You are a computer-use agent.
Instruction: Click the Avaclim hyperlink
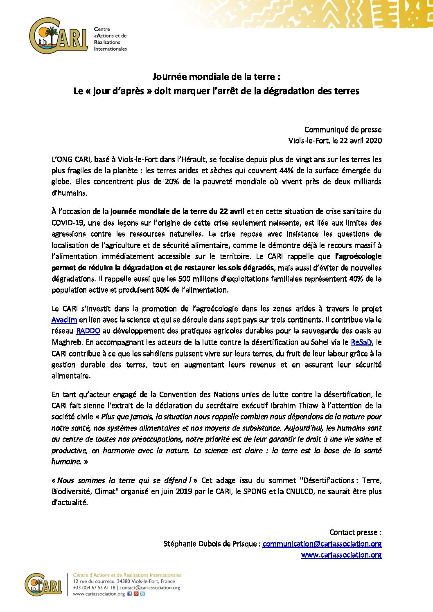[x=64, y=320]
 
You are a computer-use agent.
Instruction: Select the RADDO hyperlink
[x=88, y=331]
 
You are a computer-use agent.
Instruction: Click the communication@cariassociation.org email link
[x=322, y=544]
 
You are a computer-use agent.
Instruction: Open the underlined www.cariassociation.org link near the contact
[x=341, y=555]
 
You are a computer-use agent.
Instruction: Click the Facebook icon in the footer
[x=130, y=594]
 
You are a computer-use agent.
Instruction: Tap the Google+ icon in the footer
[x=136, y=594]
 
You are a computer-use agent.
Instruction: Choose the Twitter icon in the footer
[x=142, y=594]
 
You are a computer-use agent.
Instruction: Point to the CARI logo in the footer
[x=43, y=585]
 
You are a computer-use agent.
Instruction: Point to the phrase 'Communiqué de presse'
[x=343, y=130]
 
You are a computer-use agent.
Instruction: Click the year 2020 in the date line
[x=374, y=141]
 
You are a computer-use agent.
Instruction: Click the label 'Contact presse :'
[x=355, y=532]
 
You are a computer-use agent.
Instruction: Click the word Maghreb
[x=67, y=342]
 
